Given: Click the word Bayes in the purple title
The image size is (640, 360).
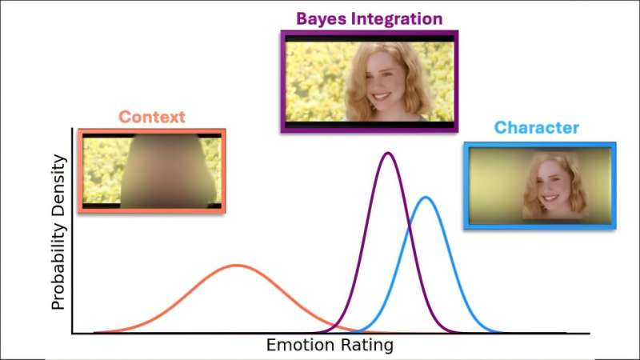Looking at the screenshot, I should (x=320, y=18).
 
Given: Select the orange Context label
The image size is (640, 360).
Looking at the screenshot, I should (x=151, y=117).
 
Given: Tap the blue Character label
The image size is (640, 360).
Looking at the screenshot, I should (x=536, y=128).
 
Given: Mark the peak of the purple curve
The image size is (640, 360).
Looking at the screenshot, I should (x=388, y=153).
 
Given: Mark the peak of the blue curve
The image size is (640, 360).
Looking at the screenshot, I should (x=426, y=197).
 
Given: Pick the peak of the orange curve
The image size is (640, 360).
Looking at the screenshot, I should (x=235, y=265).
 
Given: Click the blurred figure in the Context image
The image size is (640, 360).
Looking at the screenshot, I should (x=168, y=170).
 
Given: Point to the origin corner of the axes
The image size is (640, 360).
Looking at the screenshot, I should (x=73, y=334).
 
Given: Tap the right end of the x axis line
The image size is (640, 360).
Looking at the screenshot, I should (x=590, y=334).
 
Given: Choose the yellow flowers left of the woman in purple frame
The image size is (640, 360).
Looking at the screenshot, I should (x=316, y=80).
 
